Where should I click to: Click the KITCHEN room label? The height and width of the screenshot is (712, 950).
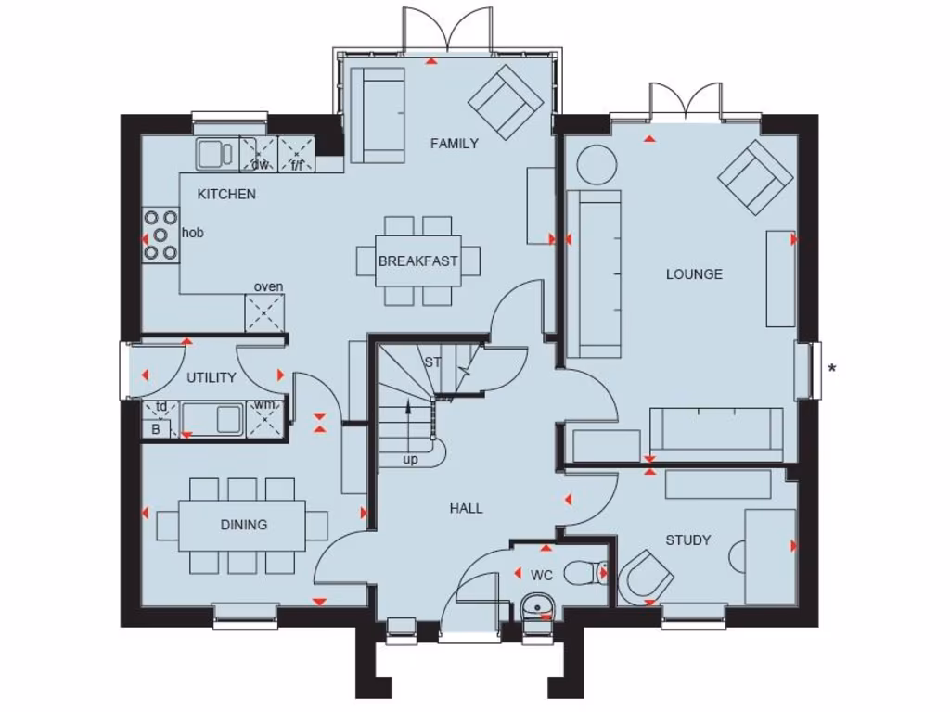226,194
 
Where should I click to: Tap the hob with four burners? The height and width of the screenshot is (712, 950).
160,234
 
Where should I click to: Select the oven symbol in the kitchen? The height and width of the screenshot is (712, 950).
264,312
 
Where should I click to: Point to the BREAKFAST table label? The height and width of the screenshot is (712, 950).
417,261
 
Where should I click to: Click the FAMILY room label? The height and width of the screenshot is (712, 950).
454,143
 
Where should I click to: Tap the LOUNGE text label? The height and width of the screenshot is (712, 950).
694,273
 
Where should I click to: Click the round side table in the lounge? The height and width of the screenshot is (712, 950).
597,165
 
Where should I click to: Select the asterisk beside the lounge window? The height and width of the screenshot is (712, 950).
832,369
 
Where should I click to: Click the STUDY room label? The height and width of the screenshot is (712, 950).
687,540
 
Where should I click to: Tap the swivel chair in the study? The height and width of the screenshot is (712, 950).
646,578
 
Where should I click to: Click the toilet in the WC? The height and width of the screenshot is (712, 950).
586,574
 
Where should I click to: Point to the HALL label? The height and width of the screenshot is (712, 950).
466,508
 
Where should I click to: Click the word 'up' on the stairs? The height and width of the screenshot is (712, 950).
409,459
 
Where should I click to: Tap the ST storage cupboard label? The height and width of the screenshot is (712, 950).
432,362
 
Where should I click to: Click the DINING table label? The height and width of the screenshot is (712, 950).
244,525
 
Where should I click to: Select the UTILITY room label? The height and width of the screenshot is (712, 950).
212,377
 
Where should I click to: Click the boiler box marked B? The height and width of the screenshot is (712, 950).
156,428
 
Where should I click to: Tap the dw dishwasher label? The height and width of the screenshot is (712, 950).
260,165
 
